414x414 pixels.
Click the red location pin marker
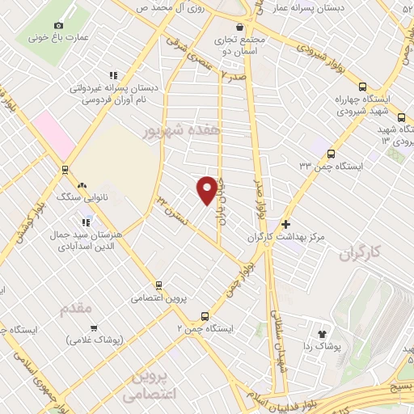click(207, 189)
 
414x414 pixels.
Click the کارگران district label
click(359, 256)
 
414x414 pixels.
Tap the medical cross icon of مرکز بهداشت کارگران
click(285, 224)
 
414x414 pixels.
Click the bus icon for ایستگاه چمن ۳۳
click(330, 153)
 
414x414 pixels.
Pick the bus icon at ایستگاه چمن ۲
click(205, 316)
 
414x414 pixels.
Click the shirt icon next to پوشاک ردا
click(322, 332)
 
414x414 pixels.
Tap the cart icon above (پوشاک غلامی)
click(95, 328)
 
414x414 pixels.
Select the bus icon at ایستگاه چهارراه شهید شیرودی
click(361, 87)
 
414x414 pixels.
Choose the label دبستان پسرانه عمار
click(354, 7)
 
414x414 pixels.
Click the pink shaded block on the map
click(53, 133)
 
